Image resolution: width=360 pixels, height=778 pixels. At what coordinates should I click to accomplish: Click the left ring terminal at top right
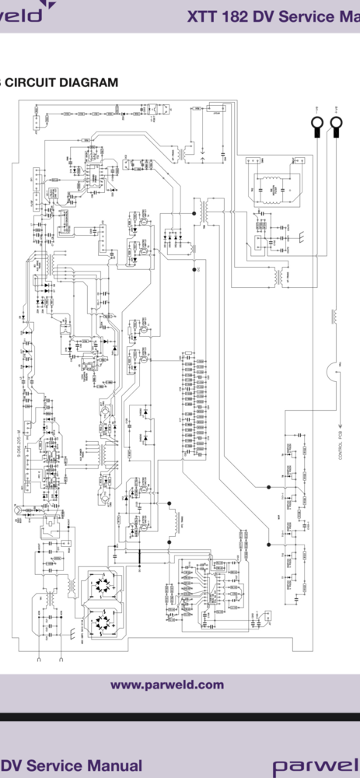point(317,124)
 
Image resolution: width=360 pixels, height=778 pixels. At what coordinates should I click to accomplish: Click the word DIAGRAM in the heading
point(89,82)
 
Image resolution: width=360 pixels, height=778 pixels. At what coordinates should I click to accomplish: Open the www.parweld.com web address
point(167,685)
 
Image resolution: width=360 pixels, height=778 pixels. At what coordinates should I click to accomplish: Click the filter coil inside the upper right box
point(272,187)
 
